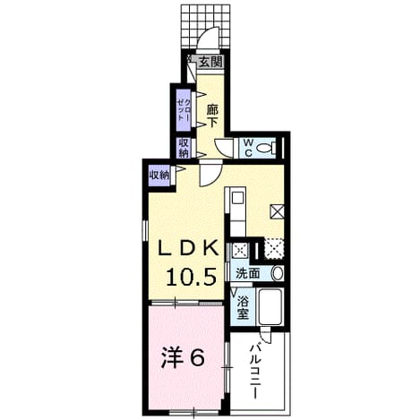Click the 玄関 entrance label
[210, 62]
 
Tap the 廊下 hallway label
[212, 116]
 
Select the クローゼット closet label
[184, 109]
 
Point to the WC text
[248, 148]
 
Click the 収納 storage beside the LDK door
[159, 176]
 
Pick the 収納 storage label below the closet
[184, 148]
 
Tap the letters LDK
[188, 247]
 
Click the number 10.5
[191, 277]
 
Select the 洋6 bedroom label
[183, 358]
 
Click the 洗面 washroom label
[248, 273]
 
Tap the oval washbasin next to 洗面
[278, 273]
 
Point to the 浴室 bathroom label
[243, 308]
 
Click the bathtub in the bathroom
[270, 307]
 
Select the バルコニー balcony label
[255, 371]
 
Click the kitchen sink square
[238, 198]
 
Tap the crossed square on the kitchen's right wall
[277, 212]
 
